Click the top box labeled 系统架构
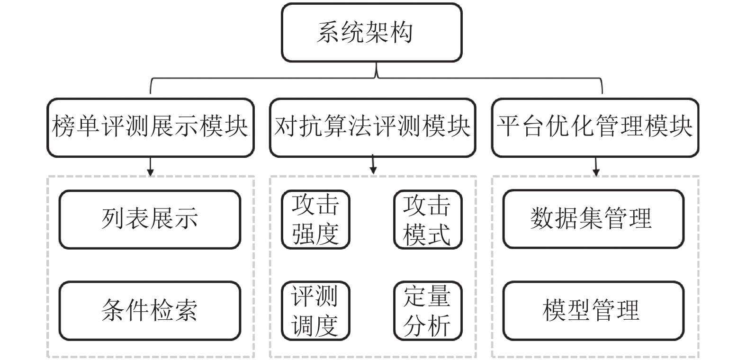[372, 32]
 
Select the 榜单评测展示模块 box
[151, 127]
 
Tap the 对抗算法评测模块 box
[373, 127]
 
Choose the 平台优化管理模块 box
[595, 127]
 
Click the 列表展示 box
[150, 219]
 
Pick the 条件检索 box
[150, 311]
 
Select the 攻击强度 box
[316, 219]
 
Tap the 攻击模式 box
[428, 219]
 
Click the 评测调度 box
[316, 311]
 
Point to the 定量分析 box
[428, 311]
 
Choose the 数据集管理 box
[593, 219]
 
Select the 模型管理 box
[593, 311]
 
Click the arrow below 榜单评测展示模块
[150, 167]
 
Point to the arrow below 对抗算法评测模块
[373, 164]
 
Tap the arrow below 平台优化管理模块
[596, 167]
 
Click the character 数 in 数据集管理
[542, 218]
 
